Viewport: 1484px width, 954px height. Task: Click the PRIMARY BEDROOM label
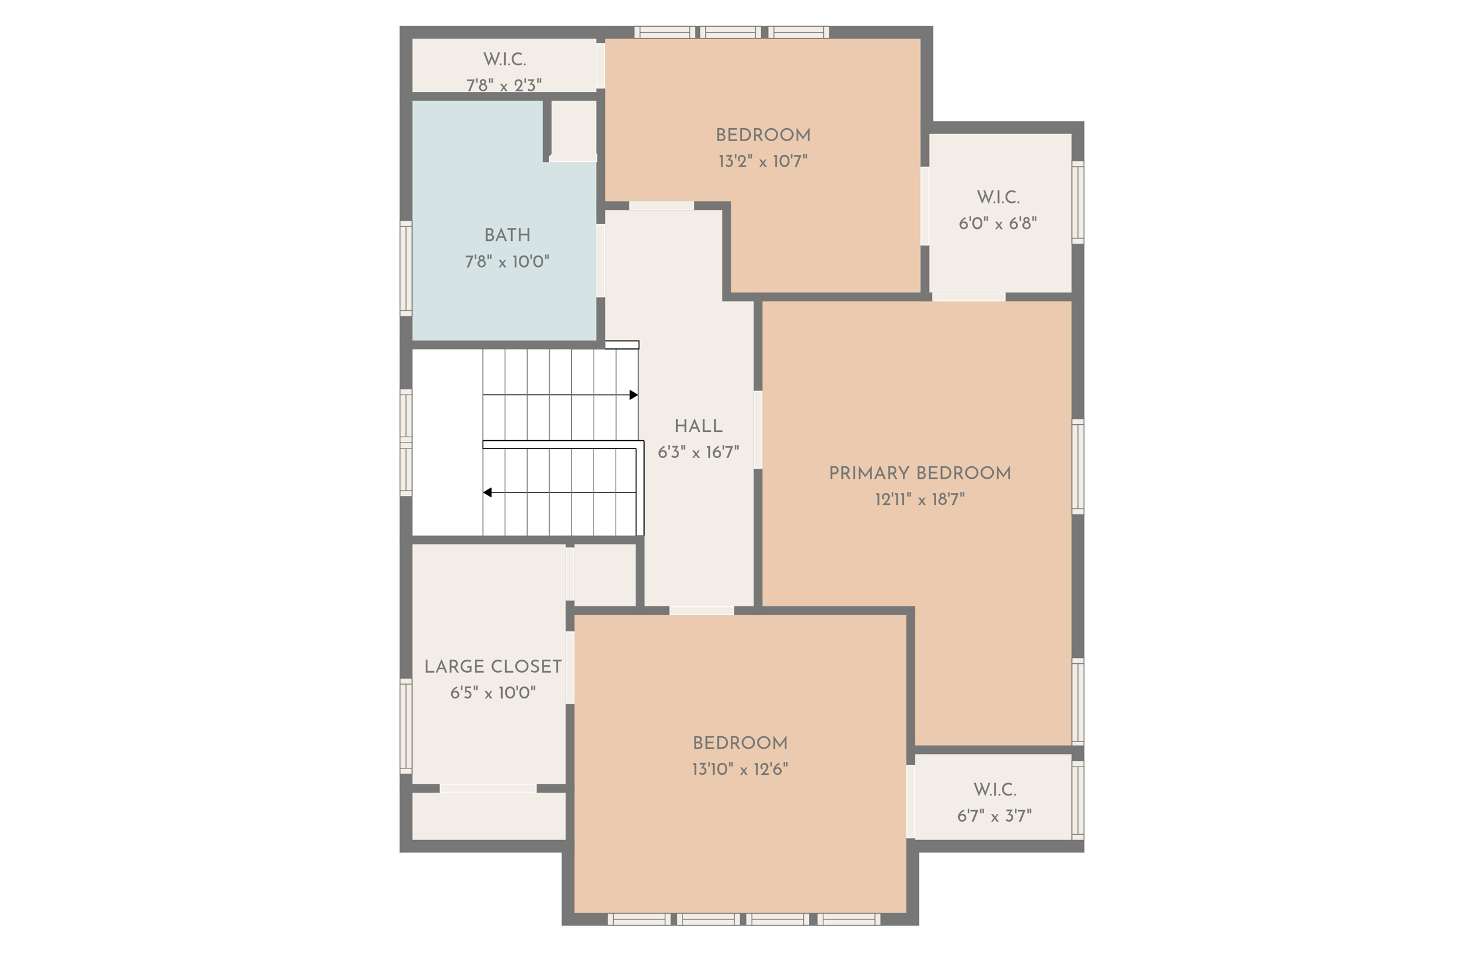click(919, 473)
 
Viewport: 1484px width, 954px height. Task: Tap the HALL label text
click(698, 426)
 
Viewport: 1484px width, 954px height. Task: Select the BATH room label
click(507, 235)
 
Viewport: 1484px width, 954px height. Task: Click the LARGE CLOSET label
click(493, 667)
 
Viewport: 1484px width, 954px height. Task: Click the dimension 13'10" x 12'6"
click(740, 769)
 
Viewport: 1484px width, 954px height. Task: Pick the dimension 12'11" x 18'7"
click(919, 500)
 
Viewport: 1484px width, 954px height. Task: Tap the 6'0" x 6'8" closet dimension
click(998, 224)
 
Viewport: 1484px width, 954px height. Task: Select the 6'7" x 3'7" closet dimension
click(994, 816)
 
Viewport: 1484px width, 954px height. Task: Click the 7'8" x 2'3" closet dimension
click(504, 85)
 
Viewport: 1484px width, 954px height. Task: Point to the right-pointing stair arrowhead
click(633, 395)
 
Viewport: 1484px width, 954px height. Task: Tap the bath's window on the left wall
click(406, 268)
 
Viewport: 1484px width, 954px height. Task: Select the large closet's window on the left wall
click(406, 726)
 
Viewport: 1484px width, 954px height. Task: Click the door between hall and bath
click(600, 260)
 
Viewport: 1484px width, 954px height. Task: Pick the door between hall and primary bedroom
click(757, 430)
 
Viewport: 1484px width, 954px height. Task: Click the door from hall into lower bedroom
click(702, 611)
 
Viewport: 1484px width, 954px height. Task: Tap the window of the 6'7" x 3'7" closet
click(1077, 800)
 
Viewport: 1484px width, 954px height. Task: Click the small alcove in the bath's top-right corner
click(573, 127)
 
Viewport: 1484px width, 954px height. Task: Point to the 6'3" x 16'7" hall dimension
click(698, 453)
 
